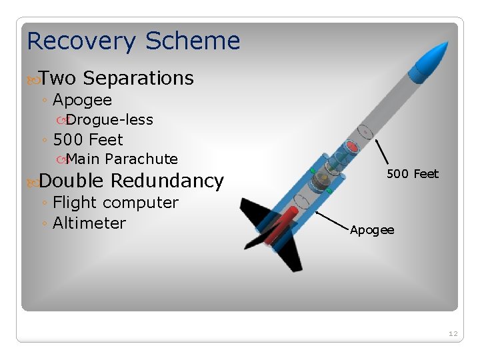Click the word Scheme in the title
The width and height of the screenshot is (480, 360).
click(x=193, y=41)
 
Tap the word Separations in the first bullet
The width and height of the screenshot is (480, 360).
click(x=138, y=79)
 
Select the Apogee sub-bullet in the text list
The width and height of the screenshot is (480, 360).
click(x=82, y=101)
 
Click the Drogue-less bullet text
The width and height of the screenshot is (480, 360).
click(x=109, y=120)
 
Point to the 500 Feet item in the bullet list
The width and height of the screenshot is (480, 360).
click(x=88, y=140)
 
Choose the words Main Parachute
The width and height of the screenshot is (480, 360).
click(x=122, y=159)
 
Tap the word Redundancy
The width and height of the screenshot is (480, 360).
click(x=167, y=181)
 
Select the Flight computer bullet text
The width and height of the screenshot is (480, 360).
click(x=115, y=203)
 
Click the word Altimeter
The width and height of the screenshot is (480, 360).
click(x=89, y=223)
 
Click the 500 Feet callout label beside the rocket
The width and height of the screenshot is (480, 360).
click(x=413, y=174)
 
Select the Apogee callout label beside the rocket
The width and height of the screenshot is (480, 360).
click(x=372, y=230)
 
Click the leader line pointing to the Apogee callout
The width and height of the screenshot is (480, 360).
click(x=333, y=221)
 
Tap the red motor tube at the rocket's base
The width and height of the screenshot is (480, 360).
click(x=279, y=226)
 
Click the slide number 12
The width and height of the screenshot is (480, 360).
click(x=453, y=333)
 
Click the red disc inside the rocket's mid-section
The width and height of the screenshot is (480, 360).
click(x=352, y=146)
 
